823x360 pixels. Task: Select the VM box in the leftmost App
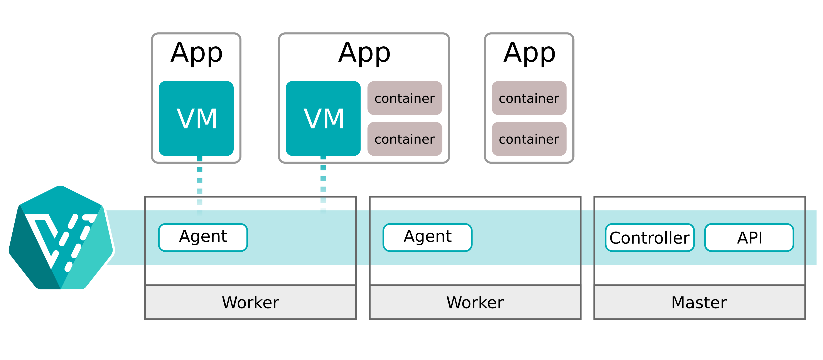pos(196,118)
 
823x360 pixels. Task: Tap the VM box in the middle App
pos(323,118)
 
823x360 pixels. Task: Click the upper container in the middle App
pos(405,98)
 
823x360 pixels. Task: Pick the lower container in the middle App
pos(405,139)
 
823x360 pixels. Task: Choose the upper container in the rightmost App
pos(529,98)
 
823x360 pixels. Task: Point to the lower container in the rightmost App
pos(529,139)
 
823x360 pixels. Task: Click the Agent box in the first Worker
pos(203,237)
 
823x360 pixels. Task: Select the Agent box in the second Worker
pos(427,237)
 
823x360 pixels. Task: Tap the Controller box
pos(649,237)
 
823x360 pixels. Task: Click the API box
pos(749,237)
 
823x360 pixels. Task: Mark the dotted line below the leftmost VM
pos(200,185)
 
